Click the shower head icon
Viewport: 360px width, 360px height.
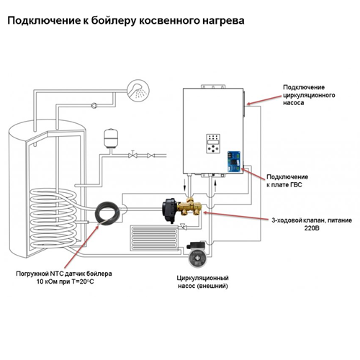tap(138, 91)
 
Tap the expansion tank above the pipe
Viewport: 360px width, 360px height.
tap(111, 138)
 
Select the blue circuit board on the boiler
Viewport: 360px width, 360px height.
tap(234, 161)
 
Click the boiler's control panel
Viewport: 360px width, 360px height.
tap(213, 143)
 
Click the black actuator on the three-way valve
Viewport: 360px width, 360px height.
tap(170, 210)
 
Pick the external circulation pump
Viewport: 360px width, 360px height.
tap(197, 254)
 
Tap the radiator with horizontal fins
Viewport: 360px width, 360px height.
tap(154, 238)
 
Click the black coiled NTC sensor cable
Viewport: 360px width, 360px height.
tap(107, 213)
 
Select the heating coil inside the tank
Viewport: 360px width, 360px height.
tap(53, 218)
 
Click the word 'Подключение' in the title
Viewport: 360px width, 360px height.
tap(44, 21)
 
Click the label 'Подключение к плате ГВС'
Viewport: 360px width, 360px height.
tap(287, 181)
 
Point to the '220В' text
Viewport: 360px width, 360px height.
tap(312, 228)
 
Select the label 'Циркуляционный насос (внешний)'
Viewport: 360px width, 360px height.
tap(203, 282)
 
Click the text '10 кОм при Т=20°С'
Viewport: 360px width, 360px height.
tap(65, 282)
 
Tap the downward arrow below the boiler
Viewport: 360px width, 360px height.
tap(184, 184)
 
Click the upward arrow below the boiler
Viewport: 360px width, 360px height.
tap(215, 186)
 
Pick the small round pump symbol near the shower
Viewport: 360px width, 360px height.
tap(94, 105)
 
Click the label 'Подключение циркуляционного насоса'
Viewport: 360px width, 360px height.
tap(309, 95)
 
